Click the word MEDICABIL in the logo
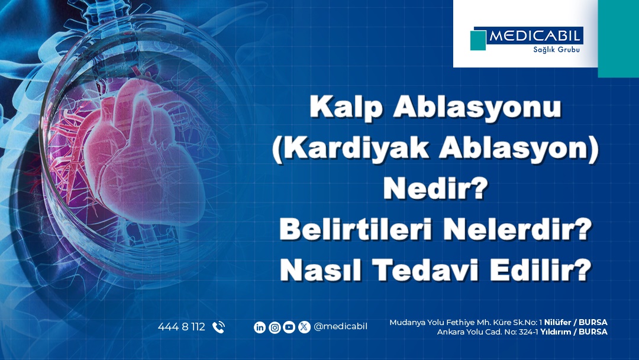(534, 36)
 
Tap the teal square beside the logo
(478, 40)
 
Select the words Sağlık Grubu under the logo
(556, 50)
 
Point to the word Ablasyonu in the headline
(477, 107)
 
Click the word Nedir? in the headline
(435, 188)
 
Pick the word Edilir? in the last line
(540, 269)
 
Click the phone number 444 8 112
(182, 327)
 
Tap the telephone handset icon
(218, 327)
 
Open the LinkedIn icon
(260, 327)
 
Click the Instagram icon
(275, 327)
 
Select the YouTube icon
(289, 327)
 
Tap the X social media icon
(304, 327)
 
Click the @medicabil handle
(340, 327)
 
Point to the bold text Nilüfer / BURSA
(576, 323)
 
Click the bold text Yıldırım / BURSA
(574, 332)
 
